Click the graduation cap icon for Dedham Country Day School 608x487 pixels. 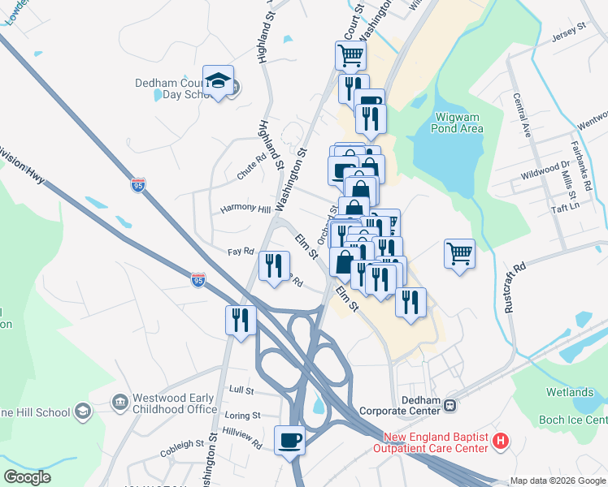(218, 80)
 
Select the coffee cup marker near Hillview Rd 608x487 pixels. (290, 441)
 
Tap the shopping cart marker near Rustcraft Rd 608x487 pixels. (459, 252)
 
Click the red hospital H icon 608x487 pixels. (502, 442)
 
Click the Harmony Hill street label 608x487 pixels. (246, 209)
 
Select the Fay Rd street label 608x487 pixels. (241, 252)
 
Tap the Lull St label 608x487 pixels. (241, 390)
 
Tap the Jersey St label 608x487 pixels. (568, 28)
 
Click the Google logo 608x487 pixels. (28, 477)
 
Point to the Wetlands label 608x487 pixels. (569, 392)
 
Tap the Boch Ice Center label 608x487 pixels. (573, 420)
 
